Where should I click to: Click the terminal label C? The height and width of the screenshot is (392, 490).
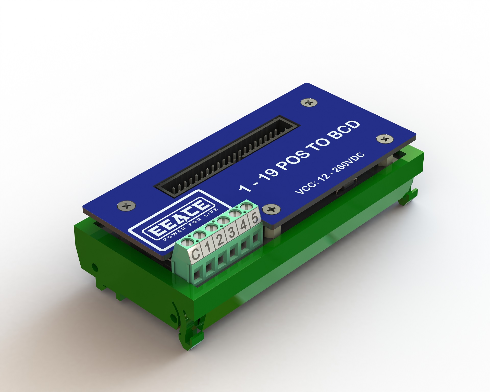click(196, 254)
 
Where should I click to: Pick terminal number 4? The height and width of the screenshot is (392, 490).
click(243, 225)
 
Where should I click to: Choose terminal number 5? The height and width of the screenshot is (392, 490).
click(254, 218)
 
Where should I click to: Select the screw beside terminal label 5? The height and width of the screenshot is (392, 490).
click(271, 210)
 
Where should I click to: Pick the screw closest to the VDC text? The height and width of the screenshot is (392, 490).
click(385, 139)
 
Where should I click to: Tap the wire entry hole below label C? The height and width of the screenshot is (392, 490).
click(197, 275)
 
